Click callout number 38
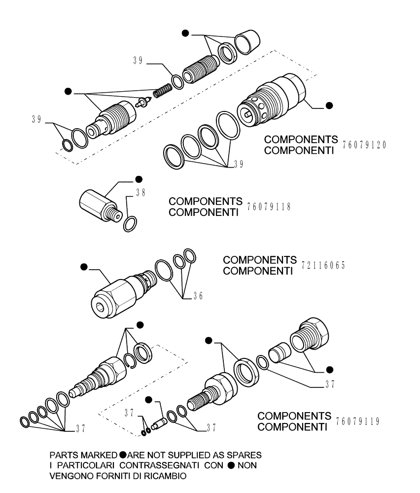pyautogui.click(x=140, y=194)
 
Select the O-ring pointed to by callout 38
pyautogui.click(x=130, y=223)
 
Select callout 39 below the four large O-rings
pyautogui.click(x=237, y=165)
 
